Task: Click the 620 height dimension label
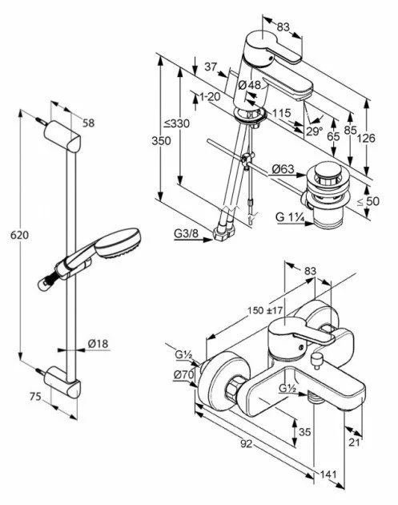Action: (x=19, y=235)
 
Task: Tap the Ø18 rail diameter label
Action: (x=98, y=344)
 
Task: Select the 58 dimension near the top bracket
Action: (x=89, y=123)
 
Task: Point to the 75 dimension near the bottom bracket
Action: (x=35, y=396)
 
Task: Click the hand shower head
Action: (x=118, y=242)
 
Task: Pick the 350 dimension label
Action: (x=161, y=141)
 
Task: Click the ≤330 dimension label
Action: (x=177, y=123)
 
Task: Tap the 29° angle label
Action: (x=314, y=131)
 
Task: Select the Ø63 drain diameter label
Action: (x=283, y=168)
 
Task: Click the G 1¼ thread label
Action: (x=290, y=217)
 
